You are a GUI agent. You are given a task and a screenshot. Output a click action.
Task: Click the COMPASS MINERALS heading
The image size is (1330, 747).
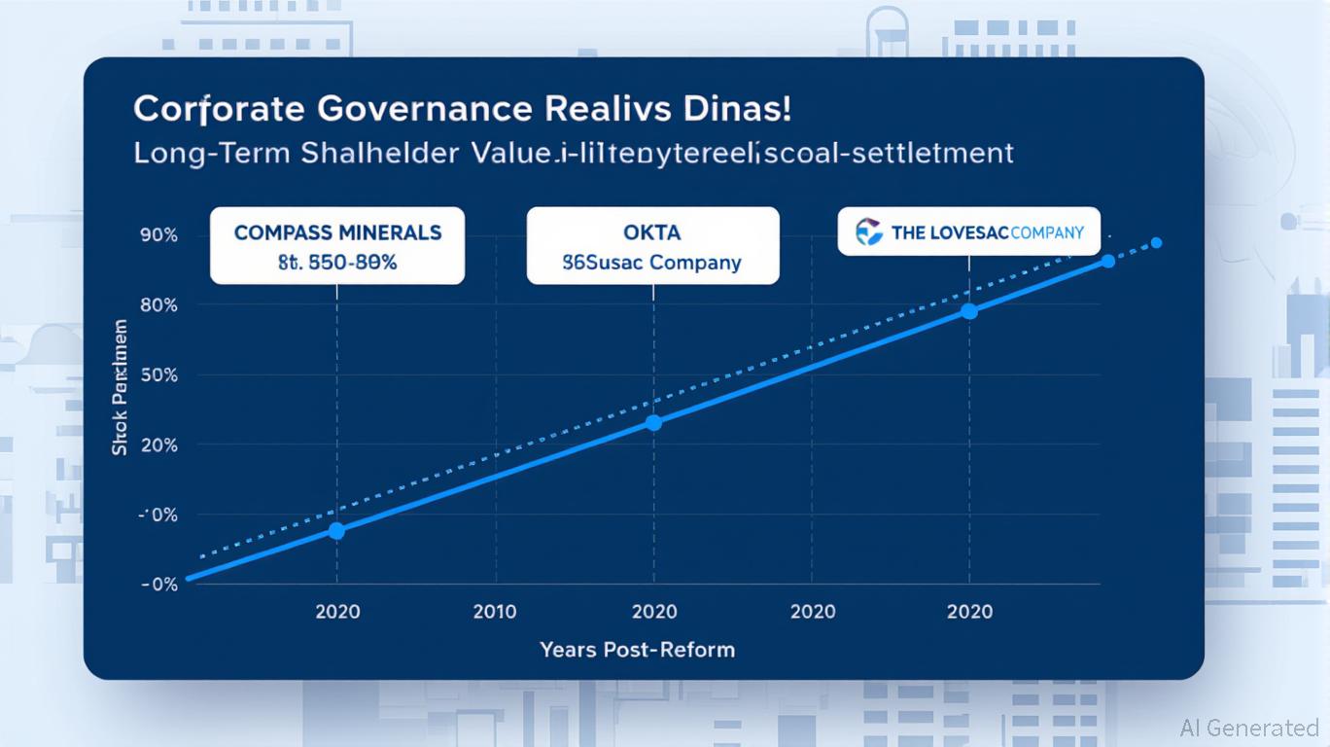tap(337, 233)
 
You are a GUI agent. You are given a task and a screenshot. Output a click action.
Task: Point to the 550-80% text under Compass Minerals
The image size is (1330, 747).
tap(355, 263)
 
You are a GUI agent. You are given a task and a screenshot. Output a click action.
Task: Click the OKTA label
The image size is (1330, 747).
tap(653, 233)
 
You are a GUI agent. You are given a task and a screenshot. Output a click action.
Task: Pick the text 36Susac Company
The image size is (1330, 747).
tap(652, 263)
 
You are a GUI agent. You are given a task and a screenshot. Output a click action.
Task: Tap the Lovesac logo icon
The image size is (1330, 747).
tap(868, 232)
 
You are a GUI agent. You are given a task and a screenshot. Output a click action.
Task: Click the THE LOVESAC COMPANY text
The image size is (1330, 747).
tap(987, 233)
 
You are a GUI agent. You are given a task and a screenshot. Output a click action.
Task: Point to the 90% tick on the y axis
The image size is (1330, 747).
tap(158, 235)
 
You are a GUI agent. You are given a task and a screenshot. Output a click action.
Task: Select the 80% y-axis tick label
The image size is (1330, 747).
tap(158, 305)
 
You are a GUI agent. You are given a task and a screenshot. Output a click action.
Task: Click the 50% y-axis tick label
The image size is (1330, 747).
tap(158, 375)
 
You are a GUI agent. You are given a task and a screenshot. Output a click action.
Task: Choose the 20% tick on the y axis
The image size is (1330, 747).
tap(158, 445)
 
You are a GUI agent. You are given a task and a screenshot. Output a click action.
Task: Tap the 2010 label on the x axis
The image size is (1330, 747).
tap(496, 612)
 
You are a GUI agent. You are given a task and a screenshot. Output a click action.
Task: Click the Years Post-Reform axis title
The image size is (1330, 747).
tap(638, 649)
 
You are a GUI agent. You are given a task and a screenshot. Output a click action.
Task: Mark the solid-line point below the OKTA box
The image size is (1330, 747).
tap(653, 422)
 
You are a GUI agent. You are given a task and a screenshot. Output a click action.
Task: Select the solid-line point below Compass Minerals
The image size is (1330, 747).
tap(336, 530)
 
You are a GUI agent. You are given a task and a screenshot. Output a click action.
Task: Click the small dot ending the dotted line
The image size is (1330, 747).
tap(1156, 243)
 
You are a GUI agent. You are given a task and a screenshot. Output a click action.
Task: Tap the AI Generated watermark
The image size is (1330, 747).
tap(1249, 728)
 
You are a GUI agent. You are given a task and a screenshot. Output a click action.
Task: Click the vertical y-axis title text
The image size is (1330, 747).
tap(121, 387)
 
